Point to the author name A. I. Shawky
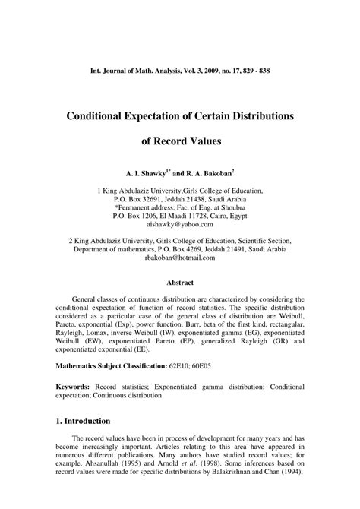(x=138, y=173)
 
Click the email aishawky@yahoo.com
(x=180, y=224)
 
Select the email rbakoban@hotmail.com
(x=180, y=258)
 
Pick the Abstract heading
(x=180, y=283)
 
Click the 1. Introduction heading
(x=83, y=420)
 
